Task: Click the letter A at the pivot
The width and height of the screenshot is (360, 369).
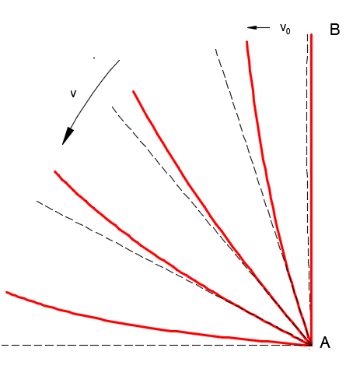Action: [x=325, y=343]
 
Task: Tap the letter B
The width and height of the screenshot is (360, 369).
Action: [x=335, y=30]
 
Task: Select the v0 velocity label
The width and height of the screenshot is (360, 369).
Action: [x=285, y=28]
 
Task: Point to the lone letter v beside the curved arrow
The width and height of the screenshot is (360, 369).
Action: [x=73, y=93]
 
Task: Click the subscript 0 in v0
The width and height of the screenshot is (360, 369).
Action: [x=288, y=31]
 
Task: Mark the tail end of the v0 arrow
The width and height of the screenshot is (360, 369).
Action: [x=270, y=27]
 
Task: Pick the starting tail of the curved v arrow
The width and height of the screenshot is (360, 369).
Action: [x=120, y=60]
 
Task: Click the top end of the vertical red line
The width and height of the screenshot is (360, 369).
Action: [x=311, y=34]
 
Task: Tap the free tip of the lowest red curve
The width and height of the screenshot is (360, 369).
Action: [x=7, y=293]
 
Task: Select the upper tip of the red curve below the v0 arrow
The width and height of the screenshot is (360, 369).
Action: [x=247, y=41]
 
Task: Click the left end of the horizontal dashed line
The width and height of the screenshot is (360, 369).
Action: [x=2, y=345]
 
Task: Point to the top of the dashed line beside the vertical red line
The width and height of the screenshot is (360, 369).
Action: [x=308, y=34]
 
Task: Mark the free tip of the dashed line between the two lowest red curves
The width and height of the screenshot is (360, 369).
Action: [x=37, y=201]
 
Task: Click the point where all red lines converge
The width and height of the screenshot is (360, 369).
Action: [x=310, y=344]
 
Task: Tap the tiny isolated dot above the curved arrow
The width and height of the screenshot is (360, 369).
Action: [x=94, y=58]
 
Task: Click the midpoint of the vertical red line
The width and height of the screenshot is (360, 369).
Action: [x=311, y=189]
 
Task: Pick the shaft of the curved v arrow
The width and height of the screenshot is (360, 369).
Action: [x=93, y=91]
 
